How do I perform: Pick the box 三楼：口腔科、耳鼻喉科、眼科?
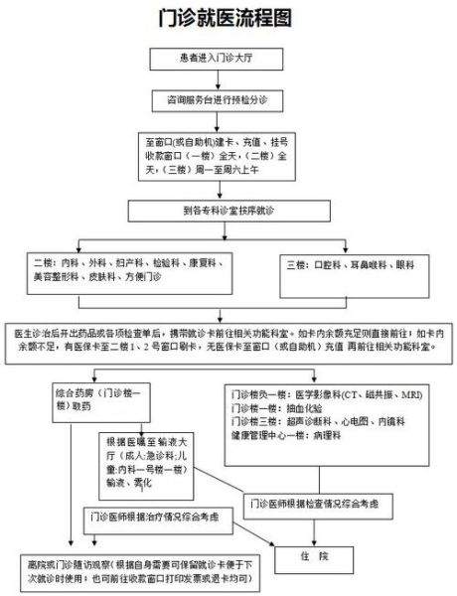click(x=353, y=267)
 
